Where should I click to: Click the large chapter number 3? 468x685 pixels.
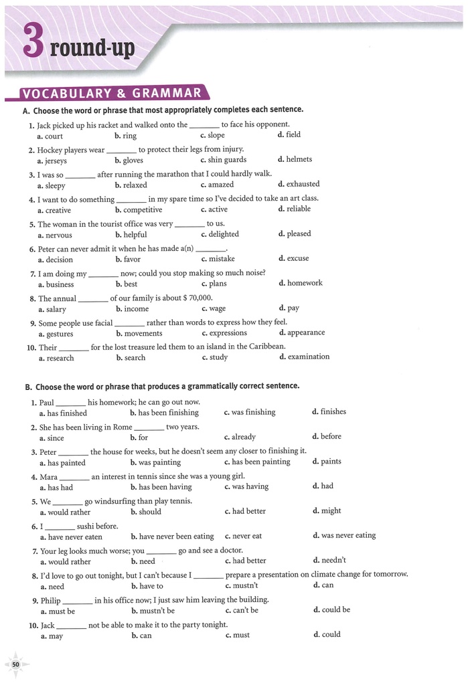33,41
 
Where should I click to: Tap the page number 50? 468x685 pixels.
15,664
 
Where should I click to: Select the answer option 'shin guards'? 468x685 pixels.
227,160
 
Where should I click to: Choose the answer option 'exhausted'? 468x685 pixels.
303,184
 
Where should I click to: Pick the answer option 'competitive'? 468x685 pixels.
142,209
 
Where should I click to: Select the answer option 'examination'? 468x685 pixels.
308,357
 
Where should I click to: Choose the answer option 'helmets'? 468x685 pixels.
299,159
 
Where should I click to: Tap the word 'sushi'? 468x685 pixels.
88,526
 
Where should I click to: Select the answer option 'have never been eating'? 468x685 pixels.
176,536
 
